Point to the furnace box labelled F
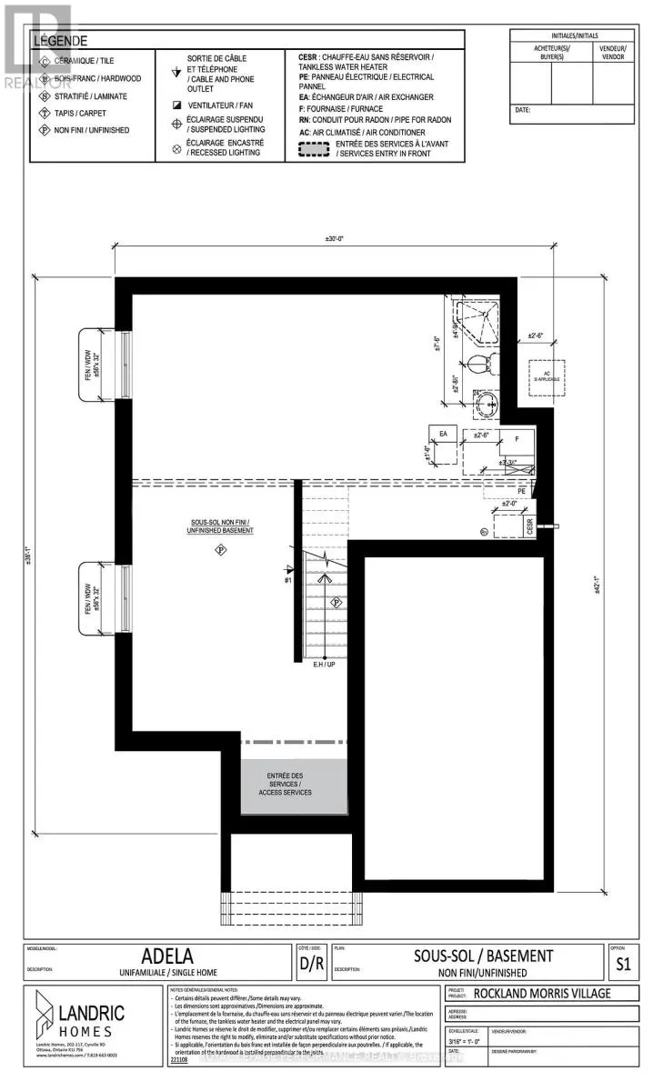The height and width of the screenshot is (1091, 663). pos(517,437)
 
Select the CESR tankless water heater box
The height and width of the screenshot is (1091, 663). pos(528,525)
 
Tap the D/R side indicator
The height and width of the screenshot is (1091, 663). pos(310,962)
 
